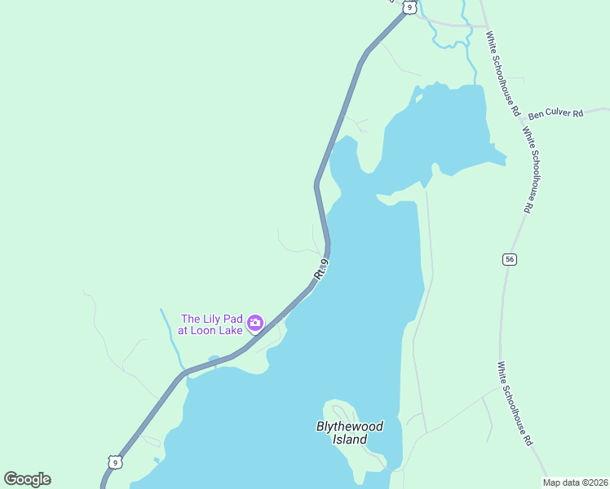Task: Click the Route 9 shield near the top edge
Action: pyautogui.click(x=409, y=7)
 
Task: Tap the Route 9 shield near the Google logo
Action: pyautogui.click(x=115, y=462)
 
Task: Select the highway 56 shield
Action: pyautogui.click(x=510, y=259)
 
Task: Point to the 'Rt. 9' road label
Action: pyautogui.click(x=322, y=269)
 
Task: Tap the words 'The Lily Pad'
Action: pyautogui.click(x=211, y=319)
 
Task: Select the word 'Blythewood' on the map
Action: pyautogui.click(x=349, y=426)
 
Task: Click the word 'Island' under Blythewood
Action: pyautogui.click(x=350, y=439)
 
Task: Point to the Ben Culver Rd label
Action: pyautogui.click(x=556, y=114)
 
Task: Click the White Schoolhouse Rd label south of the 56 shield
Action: pyautogui.click(x=516, y=403)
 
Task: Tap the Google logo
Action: pyautogui.click(x=27, y=479)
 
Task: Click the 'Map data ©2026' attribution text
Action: pyautogui.click(x=576, y=482)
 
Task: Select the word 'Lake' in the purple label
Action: pyautogui.click(x=234, y=332)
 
